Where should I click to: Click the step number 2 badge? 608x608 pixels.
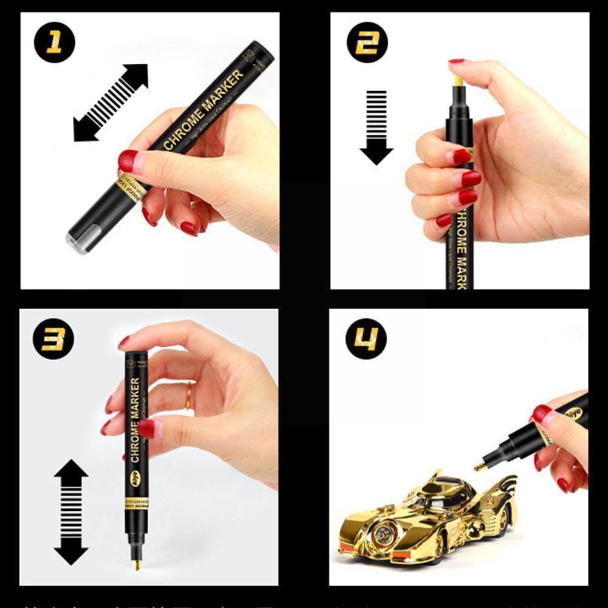point(367,43)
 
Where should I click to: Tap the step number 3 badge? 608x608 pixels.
point(53,338)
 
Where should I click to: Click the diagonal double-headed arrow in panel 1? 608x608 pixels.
point(111,103)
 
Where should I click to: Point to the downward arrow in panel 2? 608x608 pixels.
point(377,127)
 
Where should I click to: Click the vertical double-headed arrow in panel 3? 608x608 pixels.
point(71,512)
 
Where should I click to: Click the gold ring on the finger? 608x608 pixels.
point(189,395)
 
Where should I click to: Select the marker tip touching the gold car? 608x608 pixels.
point(479,466)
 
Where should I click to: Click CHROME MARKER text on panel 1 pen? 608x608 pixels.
point(203,111)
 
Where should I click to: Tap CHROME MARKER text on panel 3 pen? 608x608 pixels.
point(135,419)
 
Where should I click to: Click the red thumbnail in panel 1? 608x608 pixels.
point(128,162)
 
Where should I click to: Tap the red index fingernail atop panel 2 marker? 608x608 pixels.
point(457,61)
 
